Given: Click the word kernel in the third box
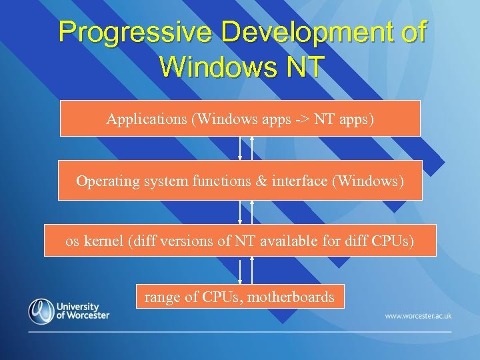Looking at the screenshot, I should pyautogui.click(x=104, y=241).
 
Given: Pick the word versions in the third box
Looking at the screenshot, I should pyautogui.click(x=187, y=241).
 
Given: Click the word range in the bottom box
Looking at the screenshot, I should pyautogui.click(x=162, y=297).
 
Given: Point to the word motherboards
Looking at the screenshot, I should pyautogui.click(x=291, y=297).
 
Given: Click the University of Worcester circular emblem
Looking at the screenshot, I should pyautogui.click(x=41, y=311).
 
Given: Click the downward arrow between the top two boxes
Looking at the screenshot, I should pyautogui.click(x=240, y=148).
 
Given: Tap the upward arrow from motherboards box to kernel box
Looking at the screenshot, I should pyautogui.click(x=252, y=270).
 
